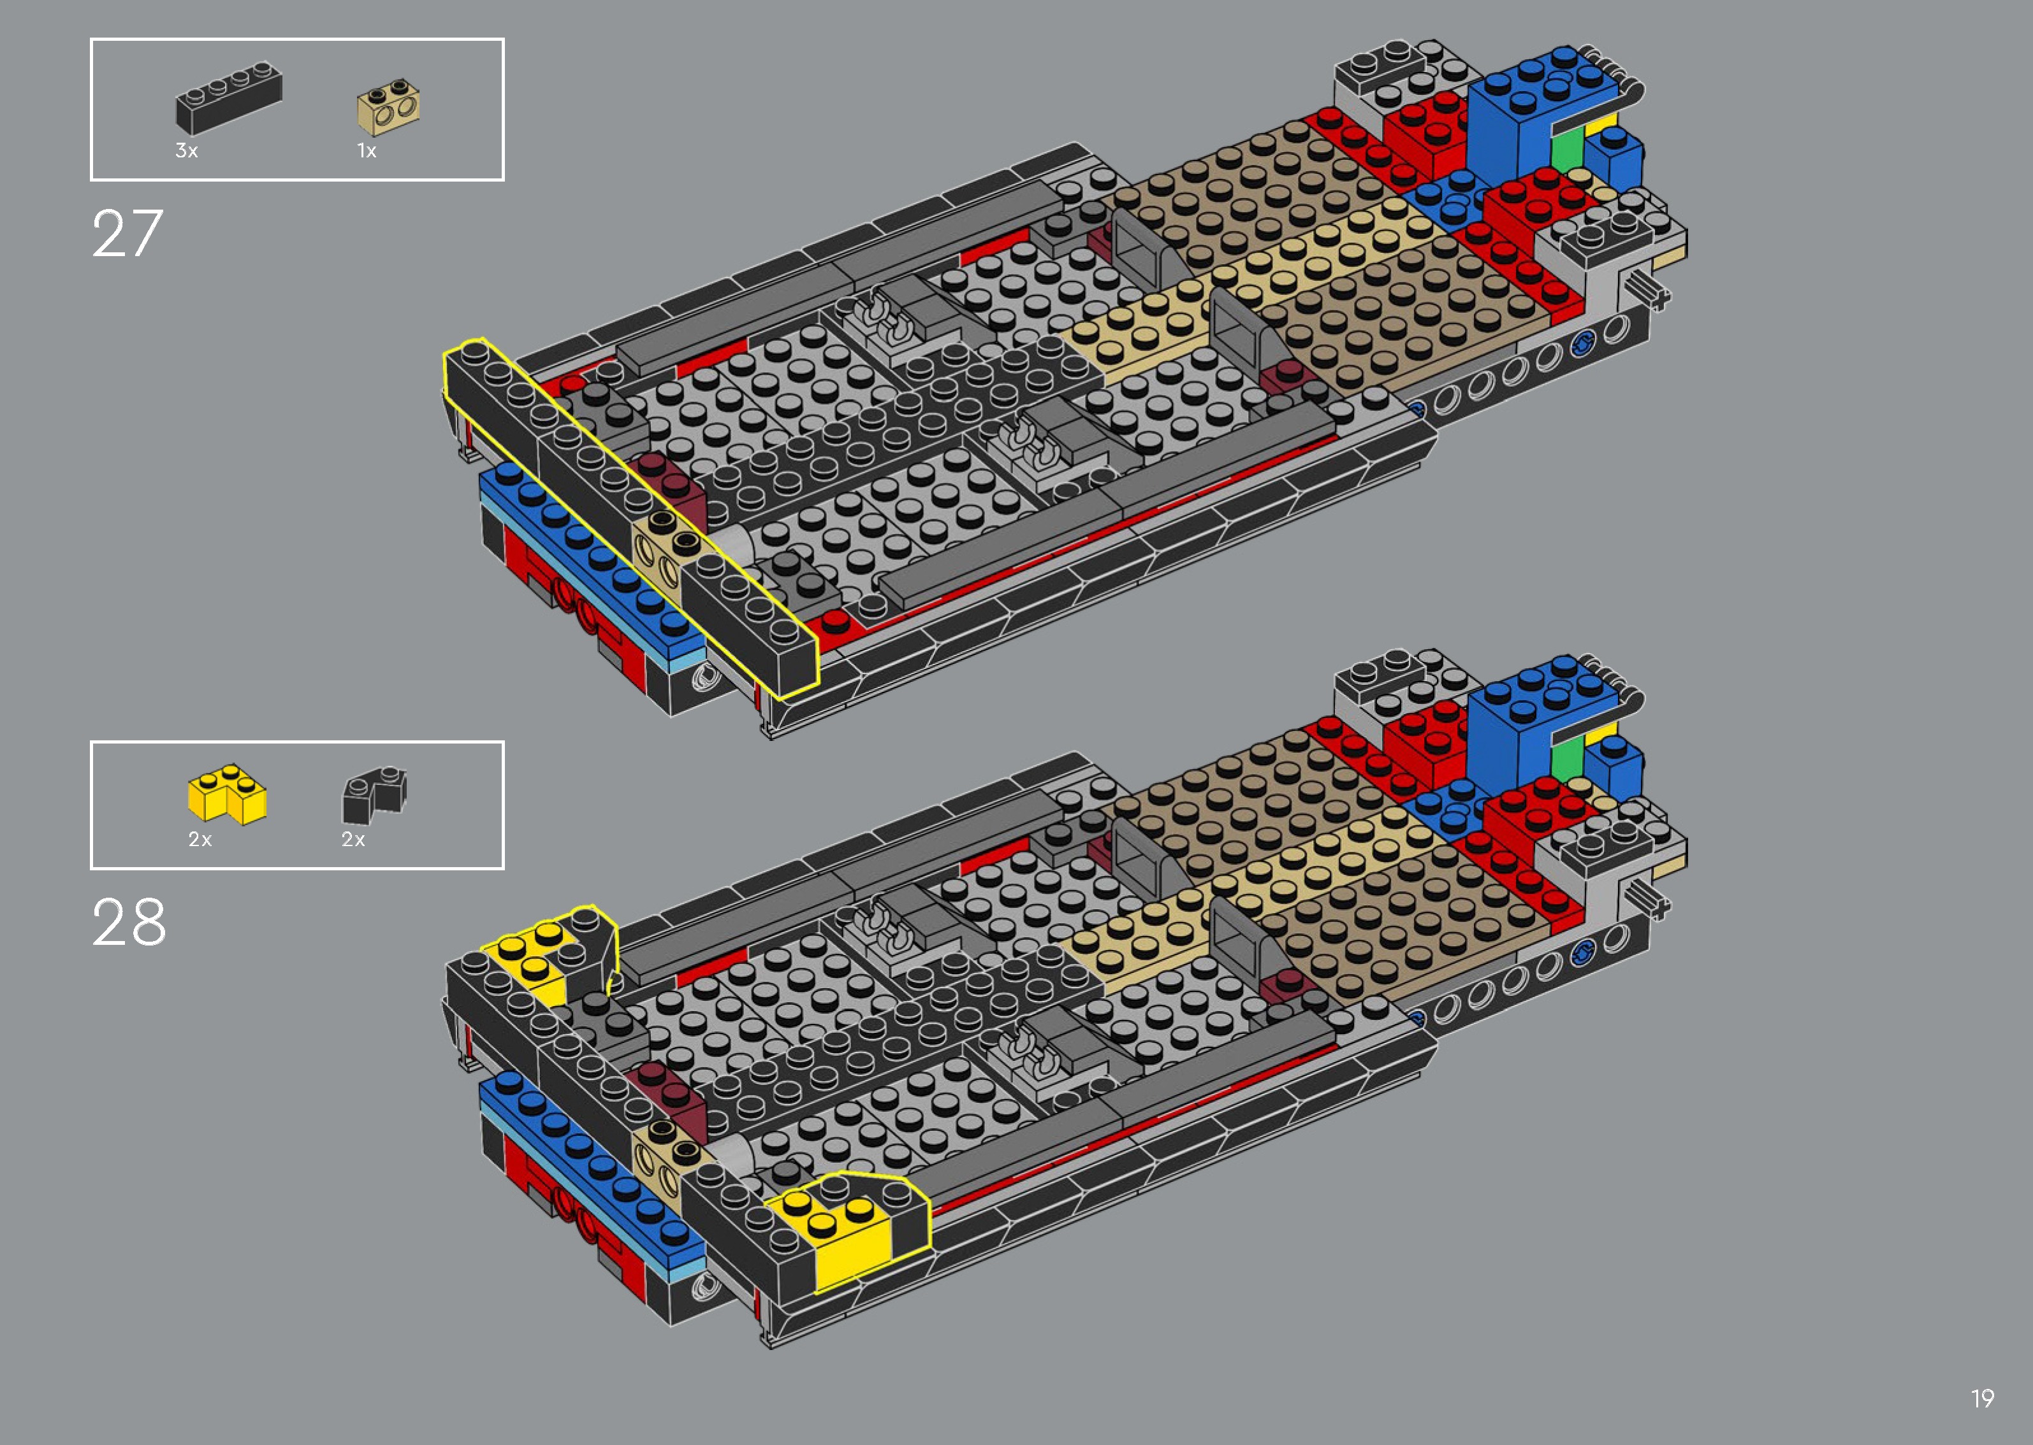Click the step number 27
128,234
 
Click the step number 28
128,922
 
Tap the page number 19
1981,1398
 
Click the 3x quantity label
186,150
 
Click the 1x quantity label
367,150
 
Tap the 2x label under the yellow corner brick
200,839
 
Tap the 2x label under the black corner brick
353,839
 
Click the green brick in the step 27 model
1566,151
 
